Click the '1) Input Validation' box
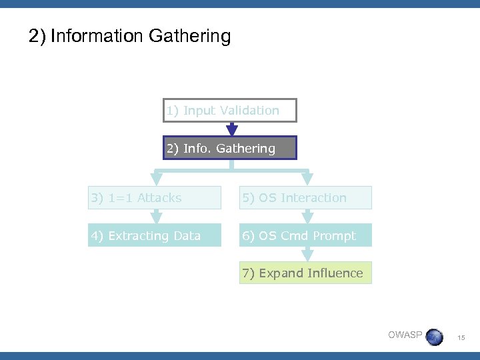tap(229, 111)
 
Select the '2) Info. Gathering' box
tap(229, 148)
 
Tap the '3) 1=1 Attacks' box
tap(155, 198)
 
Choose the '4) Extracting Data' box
tap(155, 235)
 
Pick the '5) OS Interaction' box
tap(305, 198)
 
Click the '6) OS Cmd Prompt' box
tap(305, 235)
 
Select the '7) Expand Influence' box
tap(305, 273)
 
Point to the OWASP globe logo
tap(435, 336)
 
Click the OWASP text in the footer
tap(405, 335)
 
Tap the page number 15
tap(461, 339)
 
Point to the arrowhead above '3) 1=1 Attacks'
tap(157, 179)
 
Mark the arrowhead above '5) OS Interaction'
tap(307, 179)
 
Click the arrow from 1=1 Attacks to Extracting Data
tap(157, 217)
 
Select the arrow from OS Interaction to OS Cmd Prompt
tap(307, 217)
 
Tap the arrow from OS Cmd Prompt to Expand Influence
tap(307, 254)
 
